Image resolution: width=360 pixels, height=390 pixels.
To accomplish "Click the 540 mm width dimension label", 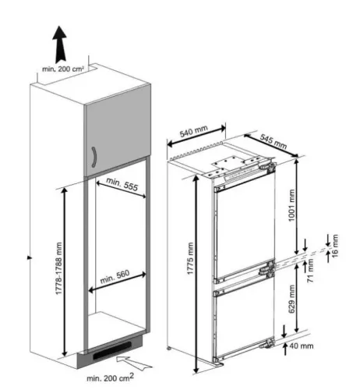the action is point(194,131).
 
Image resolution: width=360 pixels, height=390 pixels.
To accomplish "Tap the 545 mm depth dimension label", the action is point(274,141).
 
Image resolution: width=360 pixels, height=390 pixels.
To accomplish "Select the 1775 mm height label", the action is point(190,258).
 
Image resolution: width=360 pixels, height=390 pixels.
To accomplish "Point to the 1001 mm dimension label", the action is point(292,205).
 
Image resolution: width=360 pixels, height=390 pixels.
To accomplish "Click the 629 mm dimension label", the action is point(292,299).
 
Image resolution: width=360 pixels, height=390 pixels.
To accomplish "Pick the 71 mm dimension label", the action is point(310,271).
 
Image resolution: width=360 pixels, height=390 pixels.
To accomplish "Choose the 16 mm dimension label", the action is point(335,246).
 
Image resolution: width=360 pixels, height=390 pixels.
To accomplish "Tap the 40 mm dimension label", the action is point(302,346).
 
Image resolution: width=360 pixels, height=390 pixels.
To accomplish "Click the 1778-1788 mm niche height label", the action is point(59,268).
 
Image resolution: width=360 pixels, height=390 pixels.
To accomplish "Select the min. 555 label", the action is point(122,184).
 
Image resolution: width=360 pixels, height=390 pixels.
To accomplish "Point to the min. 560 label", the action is point(115,277).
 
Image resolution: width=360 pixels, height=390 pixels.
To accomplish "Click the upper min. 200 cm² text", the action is point(63,69).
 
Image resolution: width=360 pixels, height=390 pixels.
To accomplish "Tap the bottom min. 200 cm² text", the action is point(111,378).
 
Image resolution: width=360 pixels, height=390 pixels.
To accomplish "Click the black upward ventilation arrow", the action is point(60,44).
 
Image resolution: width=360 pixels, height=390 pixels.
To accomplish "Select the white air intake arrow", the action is point(133,363).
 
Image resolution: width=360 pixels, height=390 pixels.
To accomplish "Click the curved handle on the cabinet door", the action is point(94,157).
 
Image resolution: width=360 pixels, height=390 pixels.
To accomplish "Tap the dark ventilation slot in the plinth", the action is point(112,350).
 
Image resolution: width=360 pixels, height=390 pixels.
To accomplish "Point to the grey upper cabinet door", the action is point(118,130).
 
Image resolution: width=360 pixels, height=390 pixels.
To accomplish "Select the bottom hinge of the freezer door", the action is point(267,343).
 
